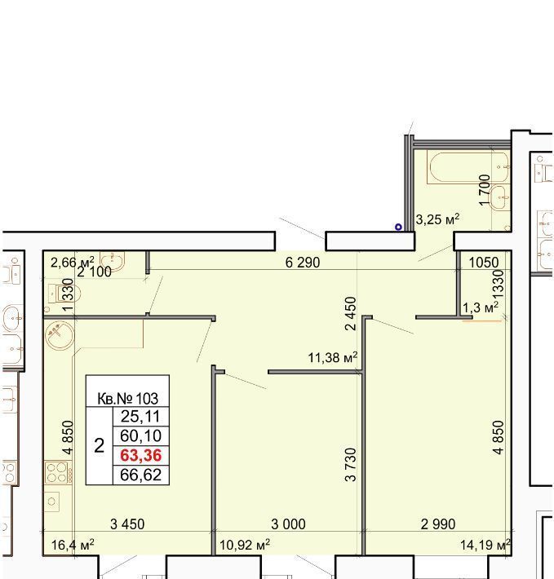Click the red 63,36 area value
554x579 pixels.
click(140, 455)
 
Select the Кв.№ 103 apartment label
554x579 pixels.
click(128, 399)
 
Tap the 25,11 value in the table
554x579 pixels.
click(140, 417)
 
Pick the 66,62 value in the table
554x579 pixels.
click(140, 475)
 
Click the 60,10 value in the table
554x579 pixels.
click(140, 436)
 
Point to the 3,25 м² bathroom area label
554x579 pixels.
click(437, 219)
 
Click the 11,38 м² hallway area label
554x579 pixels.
click(333, 357)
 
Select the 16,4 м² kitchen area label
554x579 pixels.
click(73, 545)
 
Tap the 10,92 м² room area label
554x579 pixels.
click(245, 545)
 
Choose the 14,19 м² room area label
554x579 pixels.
click(485, 545)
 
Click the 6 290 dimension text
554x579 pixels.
click(303, 263)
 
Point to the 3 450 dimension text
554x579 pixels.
click(127, 524)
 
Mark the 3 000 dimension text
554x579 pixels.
click(288, 524)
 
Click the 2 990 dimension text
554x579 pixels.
click(438, 524)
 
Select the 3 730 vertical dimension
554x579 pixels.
click(351, 465)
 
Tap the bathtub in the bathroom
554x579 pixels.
click(468, 169)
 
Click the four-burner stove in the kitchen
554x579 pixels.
click(59, 473)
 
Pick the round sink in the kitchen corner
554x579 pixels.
click(60, 335)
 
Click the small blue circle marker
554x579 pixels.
click(398, 227)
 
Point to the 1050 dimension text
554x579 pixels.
click(484, 263)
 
